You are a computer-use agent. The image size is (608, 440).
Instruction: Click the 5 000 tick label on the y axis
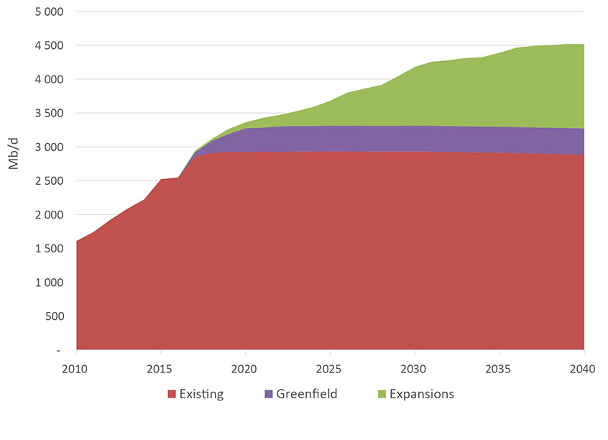click(48, 12)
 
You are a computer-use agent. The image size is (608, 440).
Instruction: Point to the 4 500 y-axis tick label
click(48, 46)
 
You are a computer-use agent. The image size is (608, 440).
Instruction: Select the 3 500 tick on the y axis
click(48, 114)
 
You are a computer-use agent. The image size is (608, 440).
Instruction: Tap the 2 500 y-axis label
click(48, 181)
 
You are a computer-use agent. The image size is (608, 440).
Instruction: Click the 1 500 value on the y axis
click(48, 249)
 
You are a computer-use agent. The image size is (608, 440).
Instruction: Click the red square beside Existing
click(172, 394)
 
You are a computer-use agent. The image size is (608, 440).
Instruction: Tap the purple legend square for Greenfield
click(269, 394)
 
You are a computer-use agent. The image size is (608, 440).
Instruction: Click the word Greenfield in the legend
click(307, 394)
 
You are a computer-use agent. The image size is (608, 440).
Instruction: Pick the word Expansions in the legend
click(422, 394)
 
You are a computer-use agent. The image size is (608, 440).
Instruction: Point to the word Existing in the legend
click(202, 394)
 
